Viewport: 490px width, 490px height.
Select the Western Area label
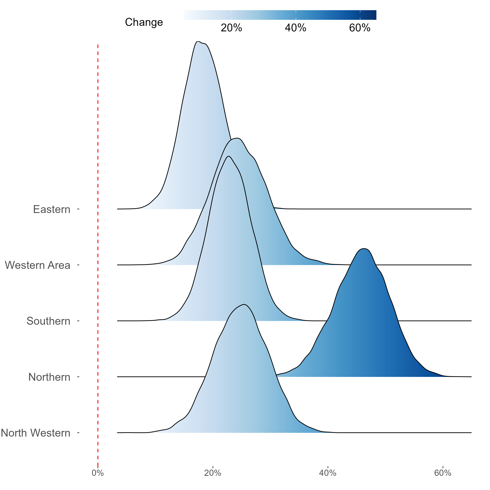tap(38, 265)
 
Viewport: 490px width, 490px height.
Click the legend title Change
tap(144, 22)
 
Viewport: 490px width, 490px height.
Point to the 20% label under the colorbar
tap(231, 28)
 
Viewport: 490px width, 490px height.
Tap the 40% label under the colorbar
tap(295, 28)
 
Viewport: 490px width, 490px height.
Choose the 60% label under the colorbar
tap(360, 28)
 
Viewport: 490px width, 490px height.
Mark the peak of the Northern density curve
tap(364, 249)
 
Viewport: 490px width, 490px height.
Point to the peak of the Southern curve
tap(229, 156)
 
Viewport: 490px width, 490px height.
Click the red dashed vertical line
tap(98, 254)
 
